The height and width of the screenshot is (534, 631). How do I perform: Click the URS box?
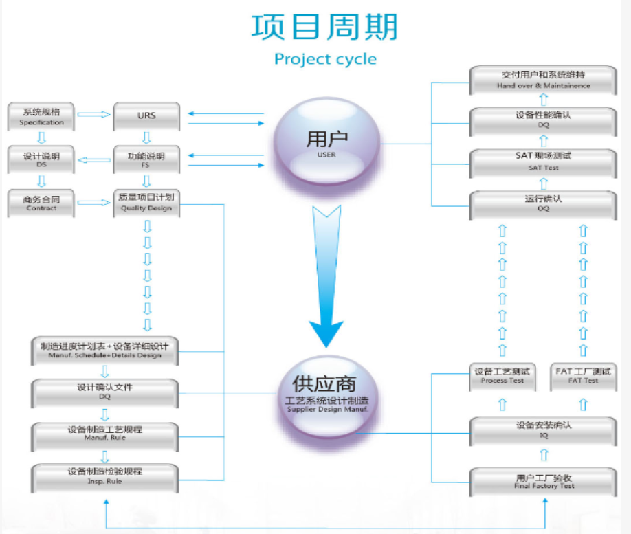146,117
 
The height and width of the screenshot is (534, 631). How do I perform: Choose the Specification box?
41,117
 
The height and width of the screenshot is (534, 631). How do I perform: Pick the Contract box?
41,203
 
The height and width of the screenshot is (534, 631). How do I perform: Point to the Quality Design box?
146,203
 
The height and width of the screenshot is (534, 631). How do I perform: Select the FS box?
146,160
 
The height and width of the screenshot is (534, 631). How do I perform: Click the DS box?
41,160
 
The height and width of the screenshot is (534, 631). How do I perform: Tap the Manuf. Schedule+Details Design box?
104,351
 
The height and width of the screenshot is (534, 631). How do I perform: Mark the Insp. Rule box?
104,476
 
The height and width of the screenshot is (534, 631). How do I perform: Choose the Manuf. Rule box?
104,434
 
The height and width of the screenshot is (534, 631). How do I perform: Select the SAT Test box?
543,162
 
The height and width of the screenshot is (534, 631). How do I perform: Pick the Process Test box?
502,377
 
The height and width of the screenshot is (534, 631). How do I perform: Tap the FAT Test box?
583,377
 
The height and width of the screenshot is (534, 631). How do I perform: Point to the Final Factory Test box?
543,482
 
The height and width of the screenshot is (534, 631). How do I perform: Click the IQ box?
543,430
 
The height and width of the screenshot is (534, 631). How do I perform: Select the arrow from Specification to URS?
94,115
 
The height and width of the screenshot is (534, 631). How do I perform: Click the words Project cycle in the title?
325,59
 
